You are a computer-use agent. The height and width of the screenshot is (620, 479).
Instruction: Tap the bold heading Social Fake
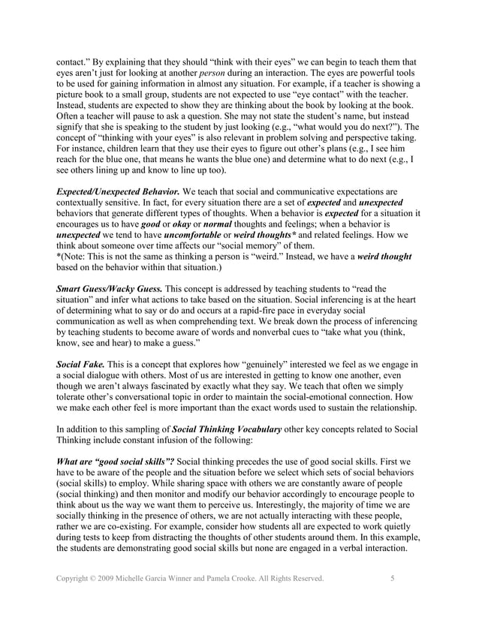(x=80, y=364)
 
